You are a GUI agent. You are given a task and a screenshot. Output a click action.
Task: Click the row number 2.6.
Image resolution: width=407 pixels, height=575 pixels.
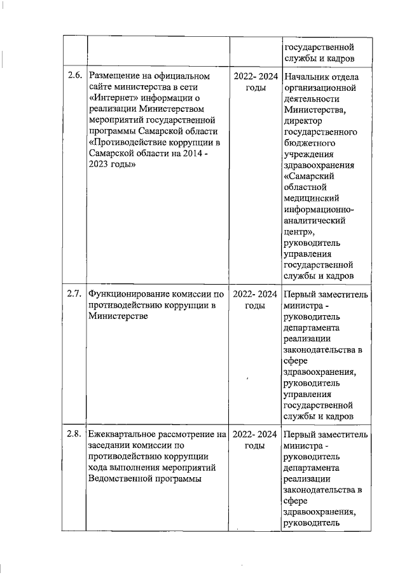[x=74, y=76]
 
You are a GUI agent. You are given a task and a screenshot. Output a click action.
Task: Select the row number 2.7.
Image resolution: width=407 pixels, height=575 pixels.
[x=74, y=294]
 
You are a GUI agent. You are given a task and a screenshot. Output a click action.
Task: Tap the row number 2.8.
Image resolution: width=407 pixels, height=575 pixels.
[x=74, y=435]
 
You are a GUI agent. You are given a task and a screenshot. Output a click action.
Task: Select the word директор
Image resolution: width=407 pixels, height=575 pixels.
[x=305, y=121]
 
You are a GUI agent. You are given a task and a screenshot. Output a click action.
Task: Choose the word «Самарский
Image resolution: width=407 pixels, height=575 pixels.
[x=309, y=175]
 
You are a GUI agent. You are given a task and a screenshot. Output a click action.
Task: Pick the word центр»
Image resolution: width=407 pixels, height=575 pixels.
[x=301, y=231]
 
